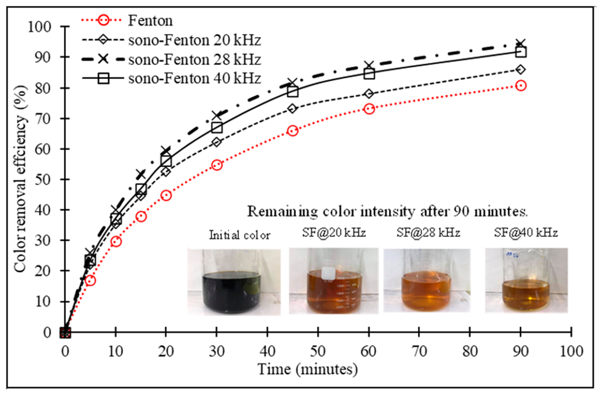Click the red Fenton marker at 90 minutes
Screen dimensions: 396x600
521,86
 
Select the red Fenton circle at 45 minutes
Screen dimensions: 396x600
293,131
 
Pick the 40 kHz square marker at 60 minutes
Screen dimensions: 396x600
369,74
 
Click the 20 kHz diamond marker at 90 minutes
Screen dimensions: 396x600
521,69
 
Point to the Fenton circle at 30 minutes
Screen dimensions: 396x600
217,165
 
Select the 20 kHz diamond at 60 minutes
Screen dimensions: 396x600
369,94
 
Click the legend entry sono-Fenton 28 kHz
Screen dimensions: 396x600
194,60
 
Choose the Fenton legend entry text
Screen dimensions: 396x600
150,21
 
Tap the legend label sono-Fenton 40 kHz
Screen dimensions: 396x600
194,79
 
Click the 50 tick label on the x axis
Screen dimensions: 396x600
318,351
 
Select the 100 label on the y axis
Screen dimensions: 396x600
39,27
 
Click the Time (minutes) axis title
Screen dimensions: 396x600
307,369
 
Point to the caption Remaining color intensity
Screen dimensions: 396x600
387,211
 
